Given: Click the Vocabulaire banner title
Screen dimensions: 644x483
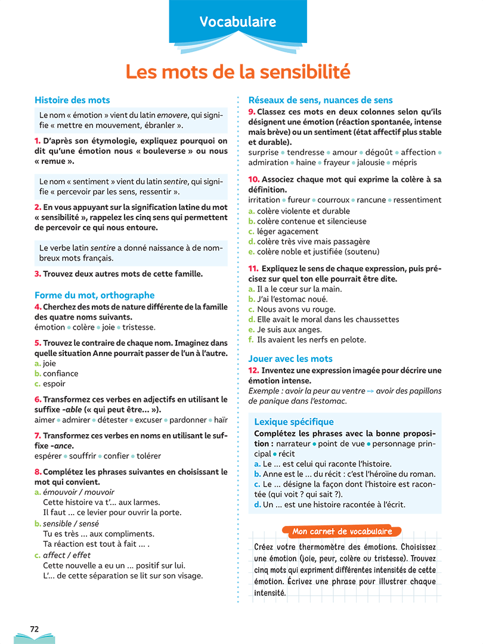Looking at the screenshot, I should (238, 22).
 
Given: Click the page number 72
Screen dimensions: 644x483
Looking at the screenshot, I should (35, 628).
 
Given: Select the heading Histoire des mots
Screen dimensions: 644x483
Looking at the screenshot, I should (72, 100).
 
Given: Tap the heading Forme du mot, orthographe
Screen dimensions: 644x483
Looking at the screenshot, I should (94, 295).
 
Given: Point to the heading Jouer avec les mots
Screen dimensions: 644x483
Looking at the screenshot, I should (290, 358).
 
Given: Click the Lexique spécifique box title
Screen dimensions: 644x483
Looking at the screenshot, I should (294, 422).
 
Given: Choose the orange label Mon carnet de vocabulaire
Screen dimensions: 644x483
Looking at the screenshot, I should (342, 531).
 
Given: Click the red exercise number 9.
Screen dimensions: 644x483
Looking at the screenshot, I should (252, 112).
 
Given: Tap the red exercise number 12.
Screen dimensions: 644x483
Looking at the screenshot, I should (253, 370).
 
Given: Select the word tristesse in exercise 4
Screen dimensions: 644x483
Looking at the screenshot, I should (138, 327).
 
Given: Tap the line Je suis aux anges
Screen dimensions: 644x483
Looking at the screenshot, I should (289, 330).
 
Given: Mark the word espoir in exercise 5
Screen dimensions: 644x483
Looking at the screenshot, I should (54, 383).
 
